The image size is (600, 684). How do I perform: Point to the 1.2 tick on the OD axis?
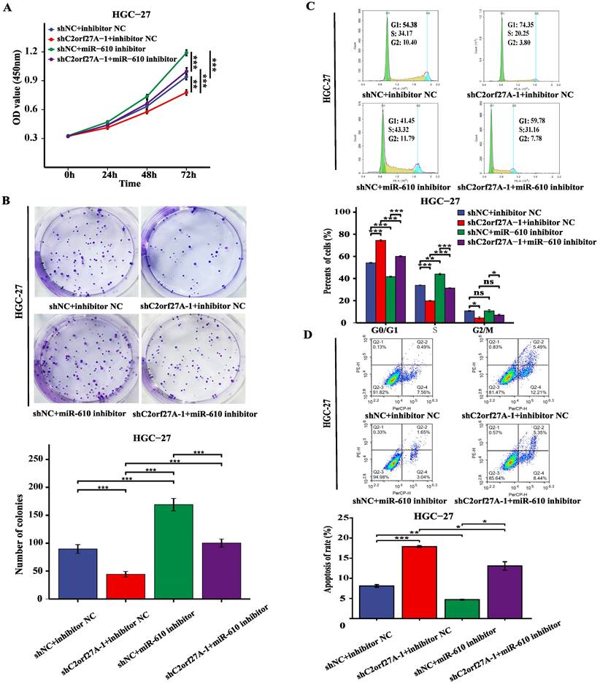(x=53, y=52)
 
